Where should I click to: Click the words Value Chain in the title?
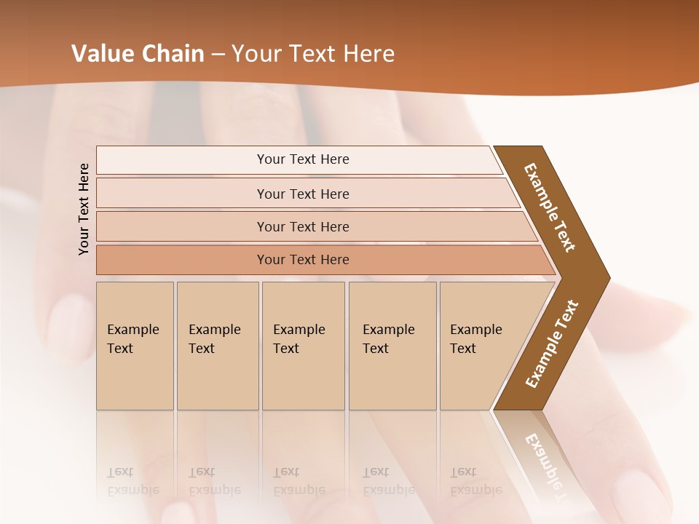coord(138,54)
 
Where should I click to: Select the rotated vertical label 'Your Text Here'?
coord(84,209)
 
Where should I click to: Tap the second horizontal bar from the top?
coord(302,194)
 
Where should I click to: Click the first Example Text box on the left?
coord(135,346)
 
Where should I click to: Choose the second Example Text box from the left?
coord(218,346)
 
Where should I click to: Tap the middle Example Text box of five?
coord(303,346)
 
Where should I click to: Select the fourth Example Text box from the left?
coord(392,346)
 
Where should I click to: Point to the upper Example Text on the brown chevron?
coord(550,207)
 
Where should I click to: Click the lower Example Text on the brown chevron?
coord(552,344)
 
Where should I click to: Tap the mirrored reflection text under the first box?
coord(133,481)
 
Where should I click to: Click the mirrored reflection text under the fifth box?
coord(475,481)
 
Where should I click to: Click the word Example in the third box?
coord(299,330)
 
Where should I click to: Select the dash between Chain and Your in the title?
coord(217,54)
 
